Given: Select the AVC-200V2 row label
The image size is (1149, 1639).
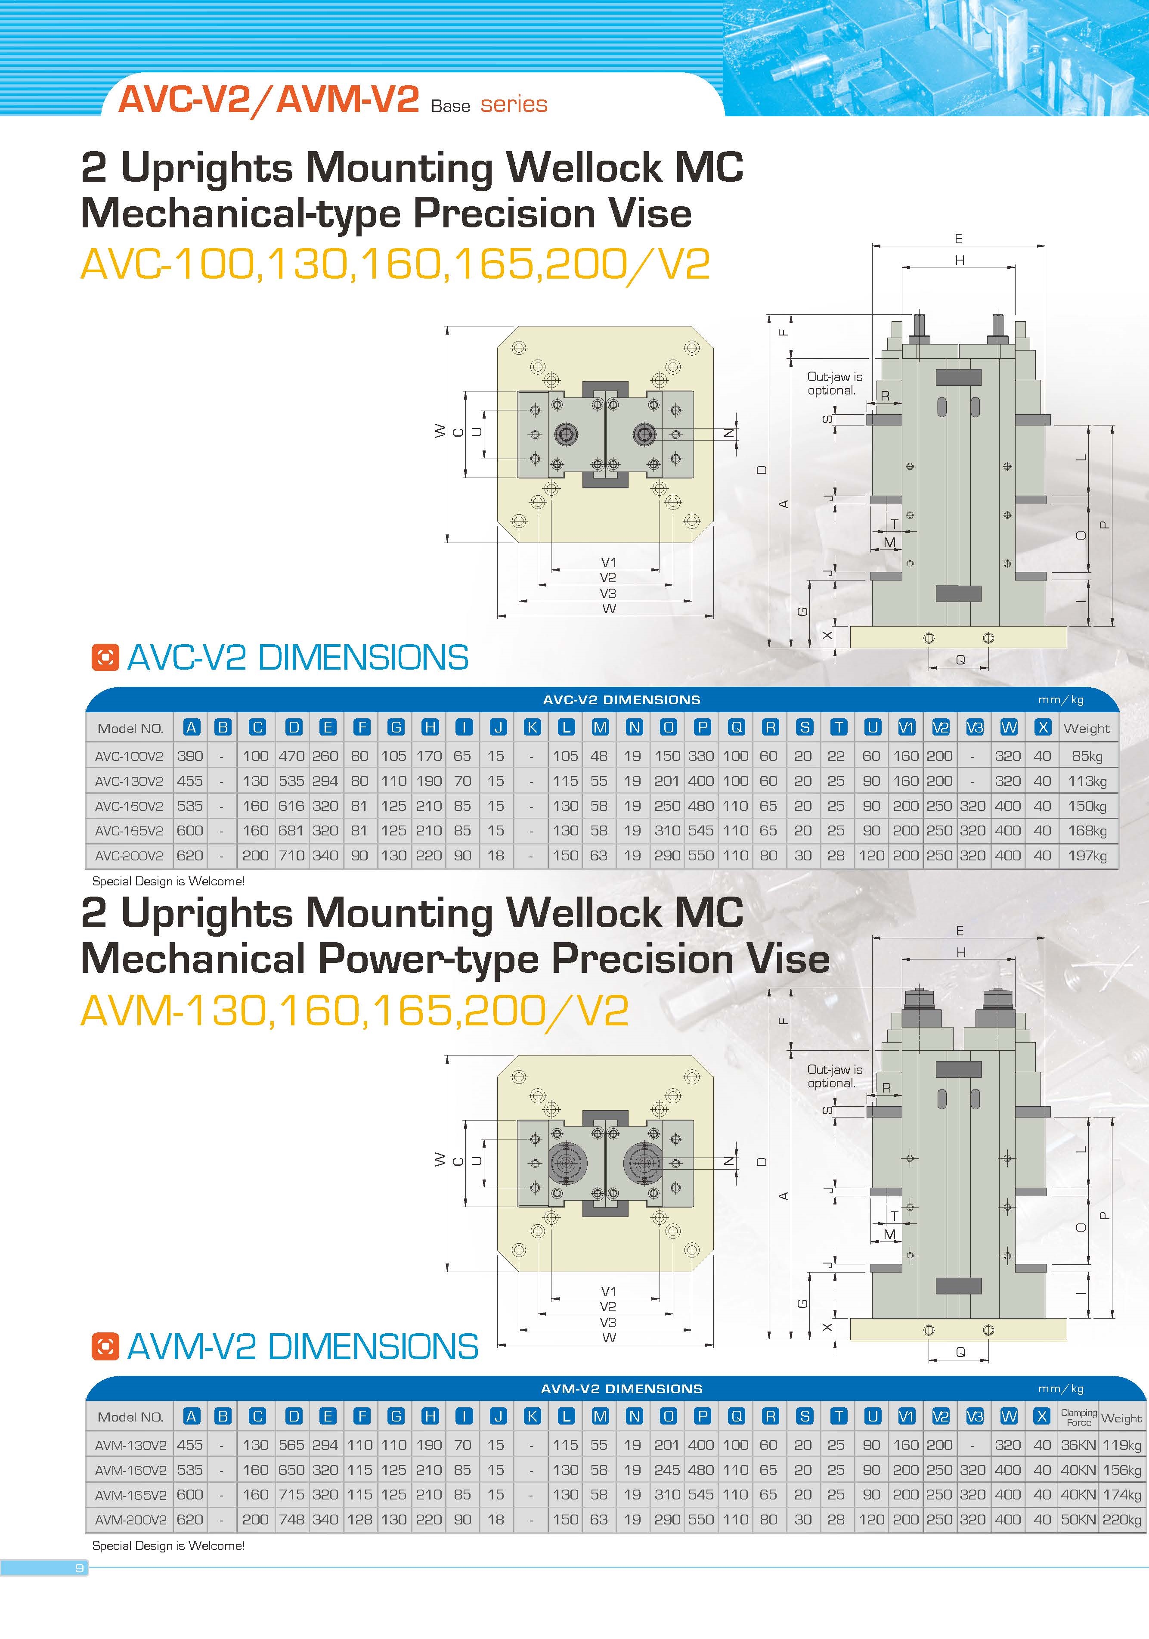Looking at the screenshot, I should (x=129, y=855).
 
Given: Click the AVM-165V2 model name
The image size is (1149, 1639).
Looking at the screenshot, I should (x=130, y=1494).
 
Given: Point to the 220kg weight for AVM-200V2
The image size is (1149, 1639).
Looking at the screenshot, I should (x=1121, y=1519).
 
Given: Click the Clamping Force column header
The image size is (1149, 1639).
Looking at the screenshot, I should (x=1078, y=1417).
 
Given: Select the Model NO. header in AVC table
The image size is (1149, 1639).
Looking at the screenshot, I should (x=130, y=728).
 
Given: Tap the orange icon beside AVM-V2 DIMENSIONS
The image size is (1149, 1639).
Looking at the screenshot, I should (x=105, y=1346).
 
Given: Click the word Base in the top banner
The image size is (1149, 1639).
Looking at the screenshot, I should (x=450, y=106).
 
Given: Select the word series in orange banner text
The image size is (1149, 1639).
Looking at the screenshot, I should (x=514, y=105).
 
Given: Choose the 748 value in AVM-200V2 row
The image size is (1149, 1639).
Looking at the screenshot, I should (x=291, y=1519).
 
